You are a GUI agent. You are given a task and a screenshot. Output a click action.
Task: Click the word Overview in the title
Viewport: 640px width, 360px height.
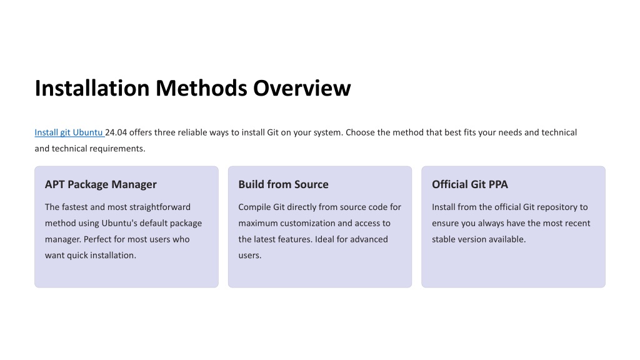coord(302,87)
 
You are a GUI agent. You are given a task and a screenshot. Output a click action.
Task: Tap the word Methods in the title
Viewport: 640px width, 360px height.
coord(201,87)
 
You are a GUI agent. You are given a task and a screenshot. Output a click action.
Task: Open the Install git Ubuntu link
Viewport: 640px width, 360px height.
coord(69,132)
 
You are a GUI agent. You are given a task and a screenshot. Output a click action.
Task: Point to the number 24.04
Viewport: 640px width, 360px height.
coord(116,132)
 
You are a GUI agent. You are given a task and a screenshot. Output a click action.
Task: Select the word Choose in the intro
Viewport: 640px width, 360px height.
coord(359,132)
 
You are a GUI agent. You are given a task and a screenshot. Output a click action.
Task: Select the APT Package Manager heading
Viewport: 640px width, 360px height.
coord(101,184)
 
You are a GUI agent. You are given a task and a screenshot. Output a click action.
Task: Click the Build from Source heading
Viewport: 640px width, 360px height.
coord(283,184)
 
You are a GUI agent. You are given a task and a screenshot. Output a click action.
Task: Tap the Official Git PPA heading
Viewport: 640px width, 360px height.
coord(470,184)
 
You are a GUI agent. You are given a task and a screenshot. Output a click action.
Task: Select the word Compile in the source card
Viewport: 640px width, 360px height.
coord(254,207)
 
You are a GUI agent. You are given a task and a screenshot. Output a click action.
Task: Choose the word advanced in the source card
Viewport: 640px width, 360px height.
coord(370,239)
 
